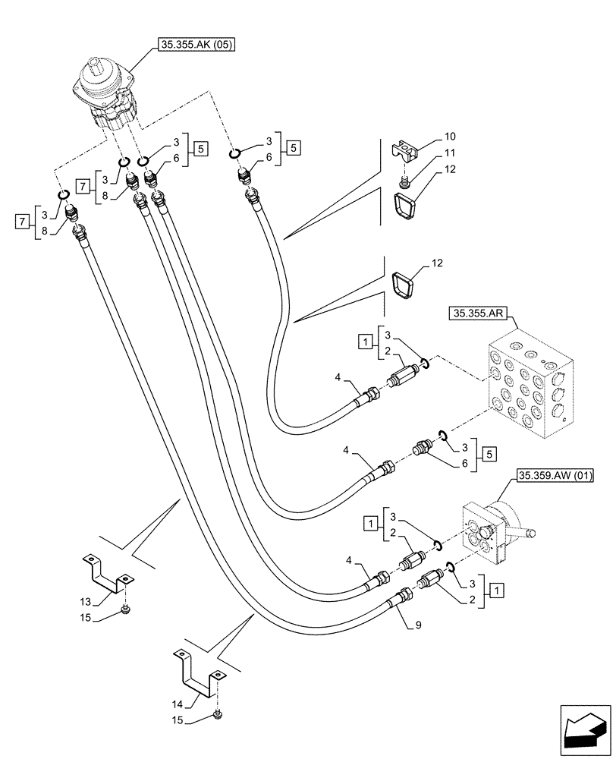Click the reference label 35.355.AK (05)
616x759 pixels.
[x=196, y=46]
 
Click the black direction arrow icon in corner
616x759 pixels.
[x=585, y=732]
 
